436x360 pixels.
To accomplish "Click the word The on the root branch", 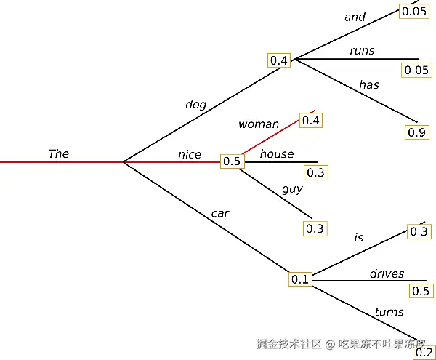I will click(x=58, y=153).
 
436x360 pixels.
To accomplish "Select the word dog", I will click(x=195, y=104).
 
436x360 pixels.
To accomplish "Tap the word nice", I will click(x=190, y=154).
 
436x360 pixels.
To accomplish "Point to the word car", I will click(x=219, y=213).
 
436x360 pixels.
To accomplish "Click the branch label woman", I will click(x=258, y=124).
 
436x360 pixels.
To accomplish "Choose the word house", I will click(x=277, y=153).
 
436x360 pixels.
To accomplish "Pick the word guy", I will click(x=292, y=189).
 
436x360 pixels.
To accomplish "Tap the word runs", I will click(x=361, y=50).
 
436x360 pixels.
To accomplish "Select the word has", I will click(x=368, y=84).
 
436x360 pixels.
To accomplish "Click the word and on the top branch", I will click(x=355, y=17).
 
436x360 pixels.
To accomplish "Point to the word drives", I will click(x=387, y=273).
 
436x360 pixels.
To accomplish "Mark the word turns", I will click(x=389, y=312).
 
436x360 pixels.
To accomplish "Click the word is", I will click(x=358, y=237).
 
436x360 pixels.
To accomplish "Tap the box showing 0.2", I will click(x=424, y=353).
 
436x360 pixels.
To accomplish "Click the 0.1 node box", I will click(x=300, y=279).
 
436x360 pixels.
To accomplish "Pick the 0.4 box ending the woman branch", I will click(x=311, y=120).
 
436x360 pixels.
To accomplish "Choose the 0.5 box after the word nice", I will click(x=231, y=161).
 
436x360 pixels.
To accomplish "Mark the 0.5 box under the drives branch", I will click(x=421, y=291).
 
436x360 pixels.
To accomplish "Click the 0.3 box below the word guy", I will click(x=314, y=228).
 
